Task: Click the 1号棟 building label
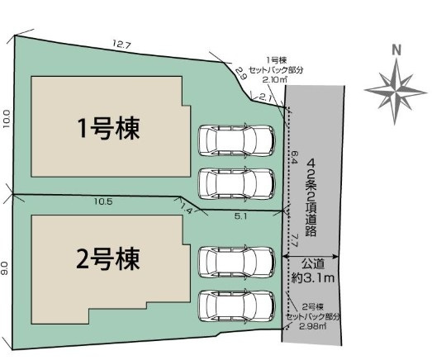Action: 109,128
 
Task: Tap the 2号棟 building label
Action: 108,258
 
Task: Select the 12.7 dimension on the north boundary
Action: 121,44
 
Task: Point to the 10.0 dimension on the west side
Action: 7,119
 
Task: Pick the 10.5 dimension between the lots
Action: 103,201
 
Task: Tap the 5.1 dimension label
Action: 240,216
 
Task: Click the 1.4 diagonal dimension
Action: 186,209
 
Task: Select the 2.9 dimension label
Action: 240,73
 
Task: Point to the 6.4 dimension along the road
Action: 295,158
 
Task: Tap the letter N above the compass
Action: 396,50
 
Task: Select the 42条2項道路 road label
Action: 311,197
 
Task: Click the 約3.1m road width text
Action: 313,278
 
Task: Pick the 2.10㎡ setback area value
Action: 275,80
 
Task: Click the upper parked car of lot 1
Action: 237,140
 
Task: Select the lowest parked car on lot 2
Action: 237,306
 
